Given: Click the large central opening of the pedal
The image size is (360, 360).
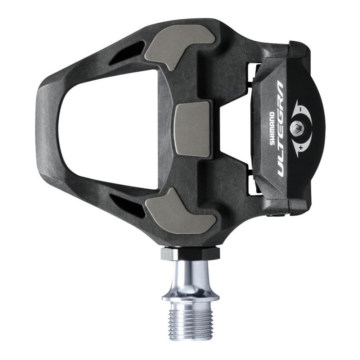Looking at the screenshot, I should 108,130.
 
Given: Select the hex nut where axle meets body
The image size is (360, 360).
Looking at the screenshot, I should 190,253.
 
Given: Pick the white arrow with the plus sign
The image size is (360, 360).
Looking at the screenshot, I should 298,146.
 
